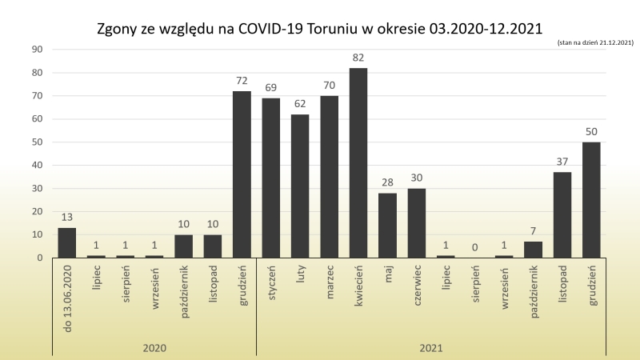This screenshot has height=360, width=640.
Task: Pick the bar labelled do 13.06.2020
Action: coord(67,243)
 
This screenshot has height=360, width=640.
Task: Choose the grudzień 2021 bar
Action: coord(591,200)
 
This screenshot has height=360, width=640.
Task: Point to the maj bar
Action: coord(387,226)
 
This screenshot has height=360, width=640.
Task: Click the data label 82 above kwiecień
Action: coord(358,58)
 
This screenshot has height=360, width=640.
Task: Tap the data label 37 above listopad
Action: coord(562,162)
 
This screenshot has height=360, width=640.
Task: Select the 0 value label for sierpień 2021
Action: coord(474,248)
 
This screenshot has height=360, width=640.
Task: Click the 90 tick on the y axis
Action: coord(37,50)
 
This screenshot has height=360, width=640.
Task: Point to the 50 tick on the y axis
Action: coord(37,142)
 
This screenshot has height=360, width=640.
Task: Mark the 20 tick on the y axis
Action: coord(37,212)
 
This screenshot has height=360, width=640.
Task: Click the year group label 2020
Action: coord(154,348)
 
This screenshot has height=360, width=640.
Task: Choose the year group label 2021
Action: coord(431,348)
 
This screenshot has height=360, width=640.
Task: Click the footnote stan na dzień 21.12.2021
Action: coord(595,42)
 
